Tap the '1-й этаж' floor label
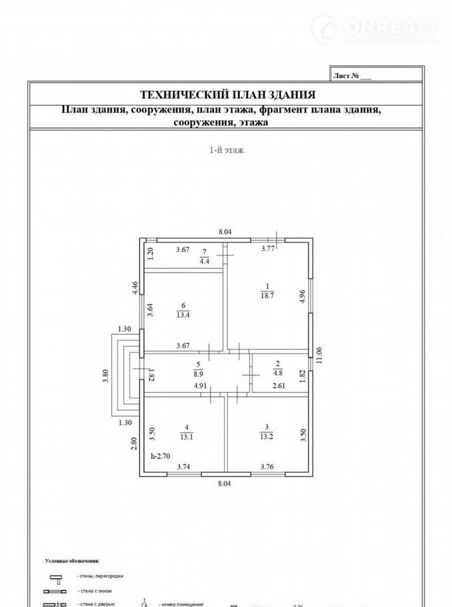click(x=226, y=150)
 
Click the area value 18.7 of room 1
click(x=267, y=297)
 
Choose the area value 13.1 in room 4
click(x=186, y=437)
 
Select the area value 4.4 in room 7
click(x=204, y=261)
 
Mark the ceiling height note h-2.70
click(x=161, y=456)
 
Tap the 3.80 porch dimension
click(x=105, y=376)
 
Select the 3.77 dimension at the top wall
click(x=268, y=249)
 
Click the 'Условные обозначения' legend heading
click(x=72, y=561)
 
